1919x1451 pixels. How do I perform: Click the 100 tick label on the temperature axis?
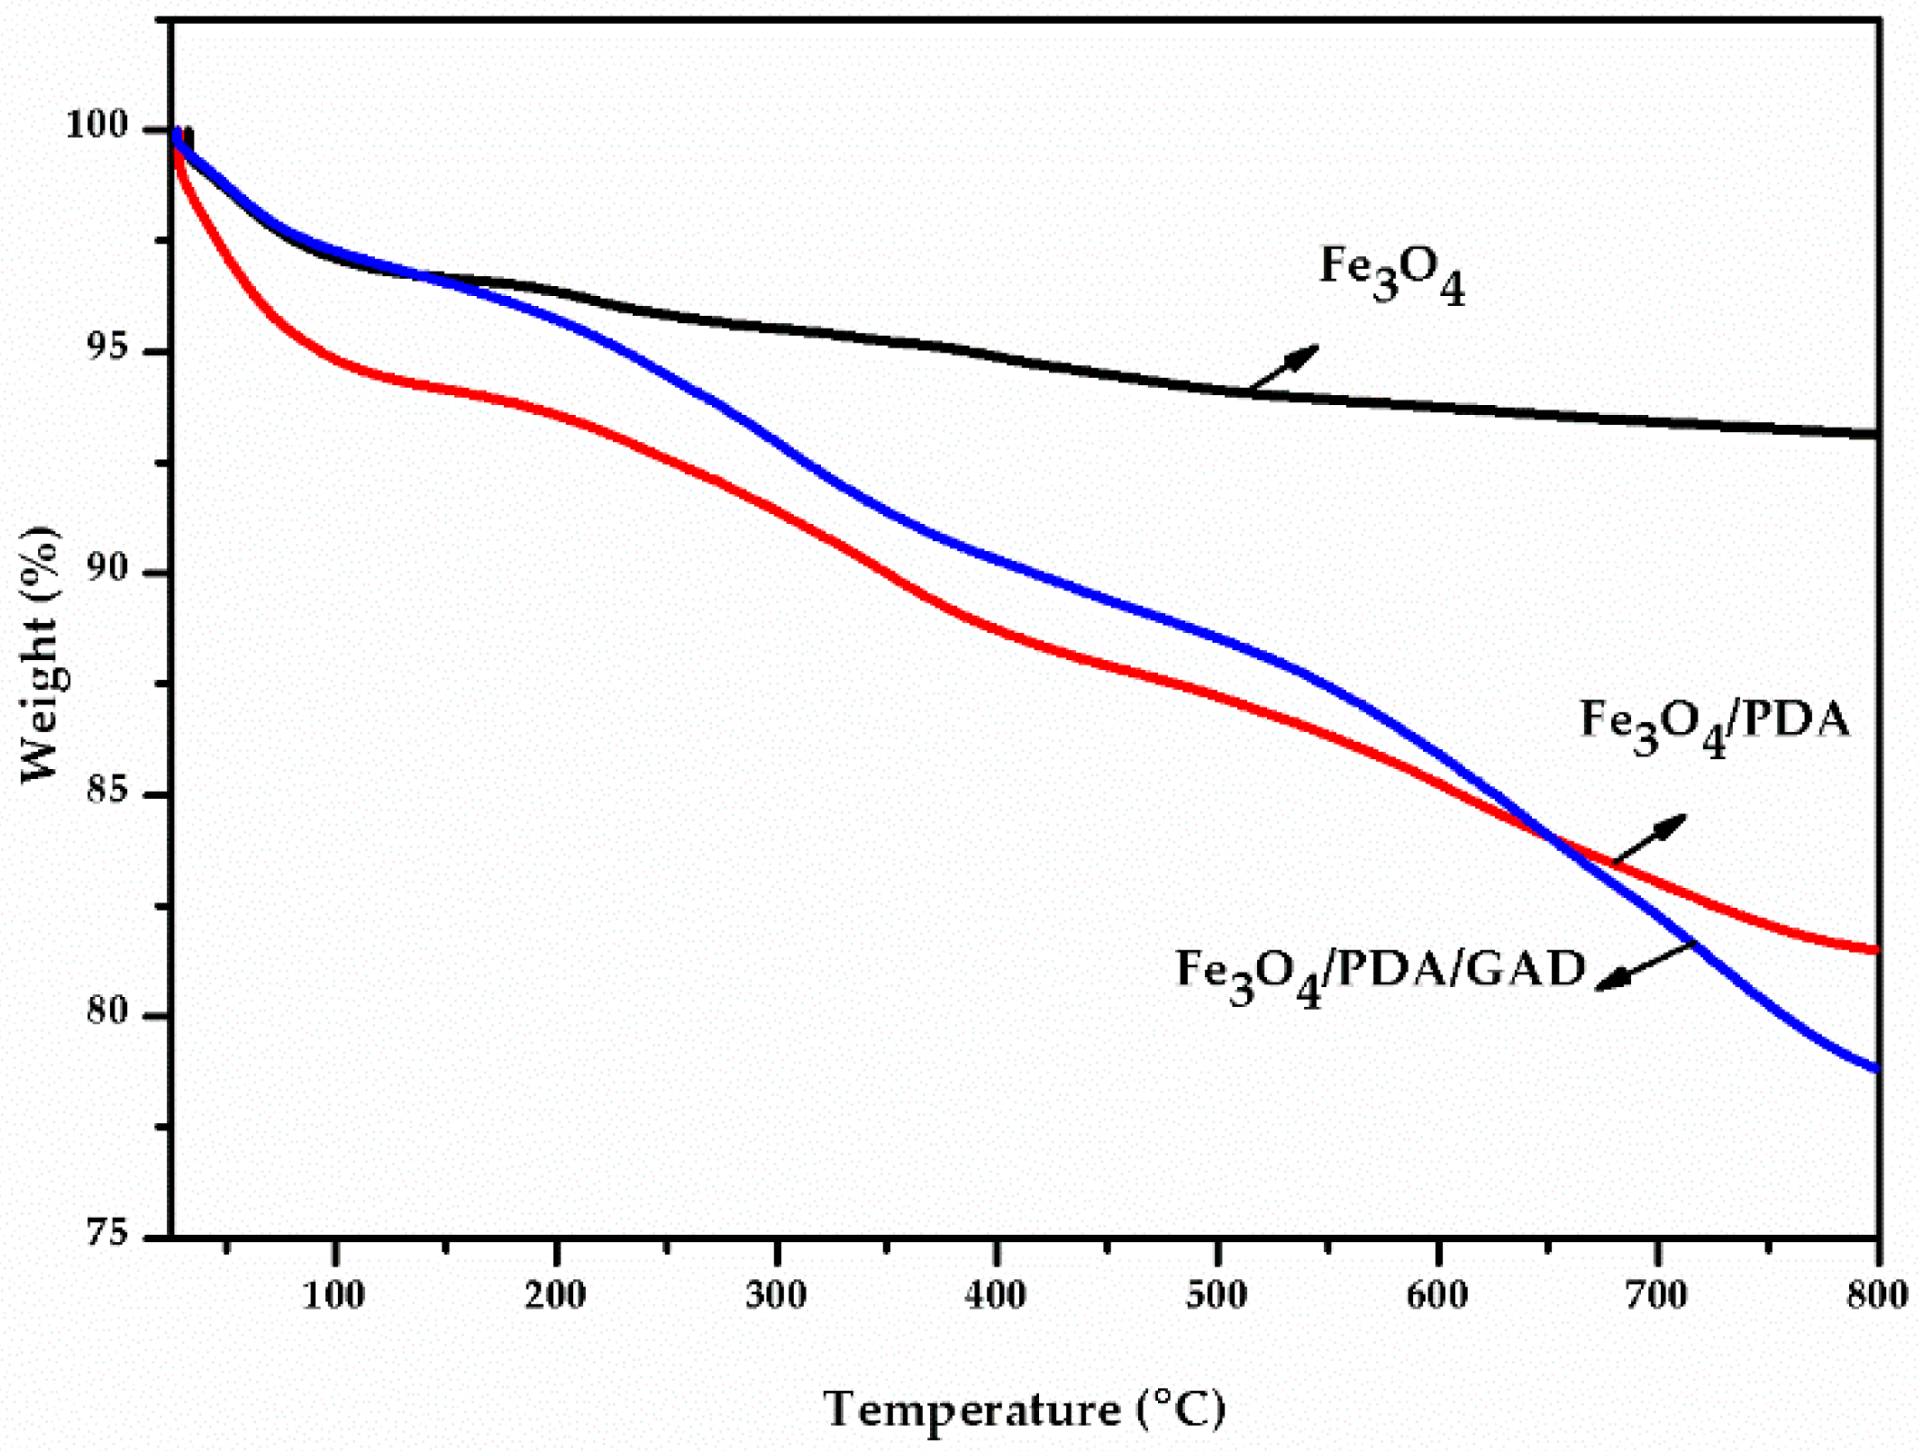point(335,1295)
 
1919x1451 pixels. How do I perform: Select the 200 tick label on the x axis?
point(556,1295)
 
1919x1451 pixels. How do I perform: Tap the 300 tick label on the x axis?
point(777,1295)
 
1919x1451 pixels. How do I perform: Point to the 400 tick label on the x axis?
point(996,1295)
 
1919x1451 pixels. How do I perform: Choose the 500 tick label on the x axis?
point(1217,1295)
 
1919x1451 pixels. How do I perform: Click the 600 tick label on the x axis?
point(1438,1295)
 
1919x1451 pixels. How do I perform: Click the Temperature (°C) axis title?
point(1025,1409)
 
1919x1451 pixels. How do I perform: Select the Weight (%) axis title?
point(41,654)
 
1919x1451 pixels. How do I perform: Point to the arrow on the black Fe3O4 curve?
point(1282,369)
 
